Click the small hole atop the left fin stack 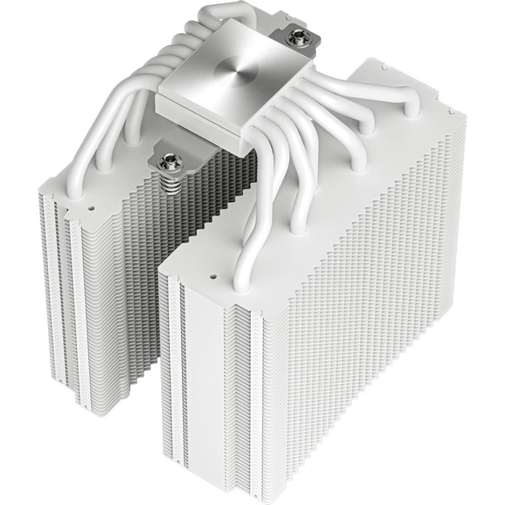[90, 206]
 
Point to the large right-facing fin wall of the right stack [369, 321]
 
